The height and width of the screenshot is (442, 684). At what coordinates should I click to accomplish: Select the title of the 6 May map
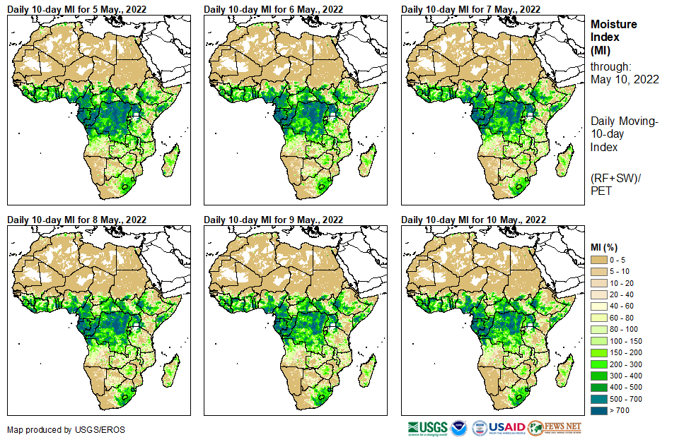click(273, 9)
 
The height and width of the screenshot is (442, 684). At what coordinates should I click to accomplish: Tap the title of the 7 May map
click(470, 9)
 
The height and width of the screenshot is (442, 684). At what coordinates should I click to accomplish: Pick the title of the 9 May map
click(273, 220)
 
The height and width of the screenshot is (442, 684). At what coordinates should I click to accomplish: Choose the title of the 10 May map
click(473, 220)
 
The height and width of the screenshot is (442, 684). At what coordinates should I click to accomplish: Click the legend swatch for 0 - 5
click(598, 261)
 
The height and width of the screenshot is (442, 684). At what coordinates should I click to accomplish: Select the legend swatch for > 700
click(598, 410)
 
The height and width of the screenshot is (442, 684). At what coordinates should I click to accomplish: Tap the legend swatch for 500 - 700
click(598, 399)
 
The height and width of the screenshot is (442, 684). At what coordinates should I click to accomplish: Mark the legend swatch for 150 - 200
click(598, 352)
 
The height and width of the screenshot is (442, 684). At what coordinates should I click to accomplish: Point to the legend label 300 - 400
click(626, 376)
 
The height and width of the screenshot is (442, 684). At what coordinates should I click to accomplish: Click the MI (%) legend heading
click(605, 248)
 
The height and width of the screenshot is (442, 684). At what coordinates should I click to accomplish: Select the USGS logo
click(427, 428)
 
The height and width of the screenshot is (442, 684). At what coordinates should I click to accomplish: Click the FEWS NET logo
click(555, 428)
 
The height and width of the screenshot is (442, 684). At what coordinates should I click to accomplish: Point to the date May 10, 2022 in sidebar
click(625, 79)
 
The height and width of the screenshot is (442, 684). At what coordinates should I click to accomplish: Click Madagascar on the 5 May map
click(170, 161)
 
